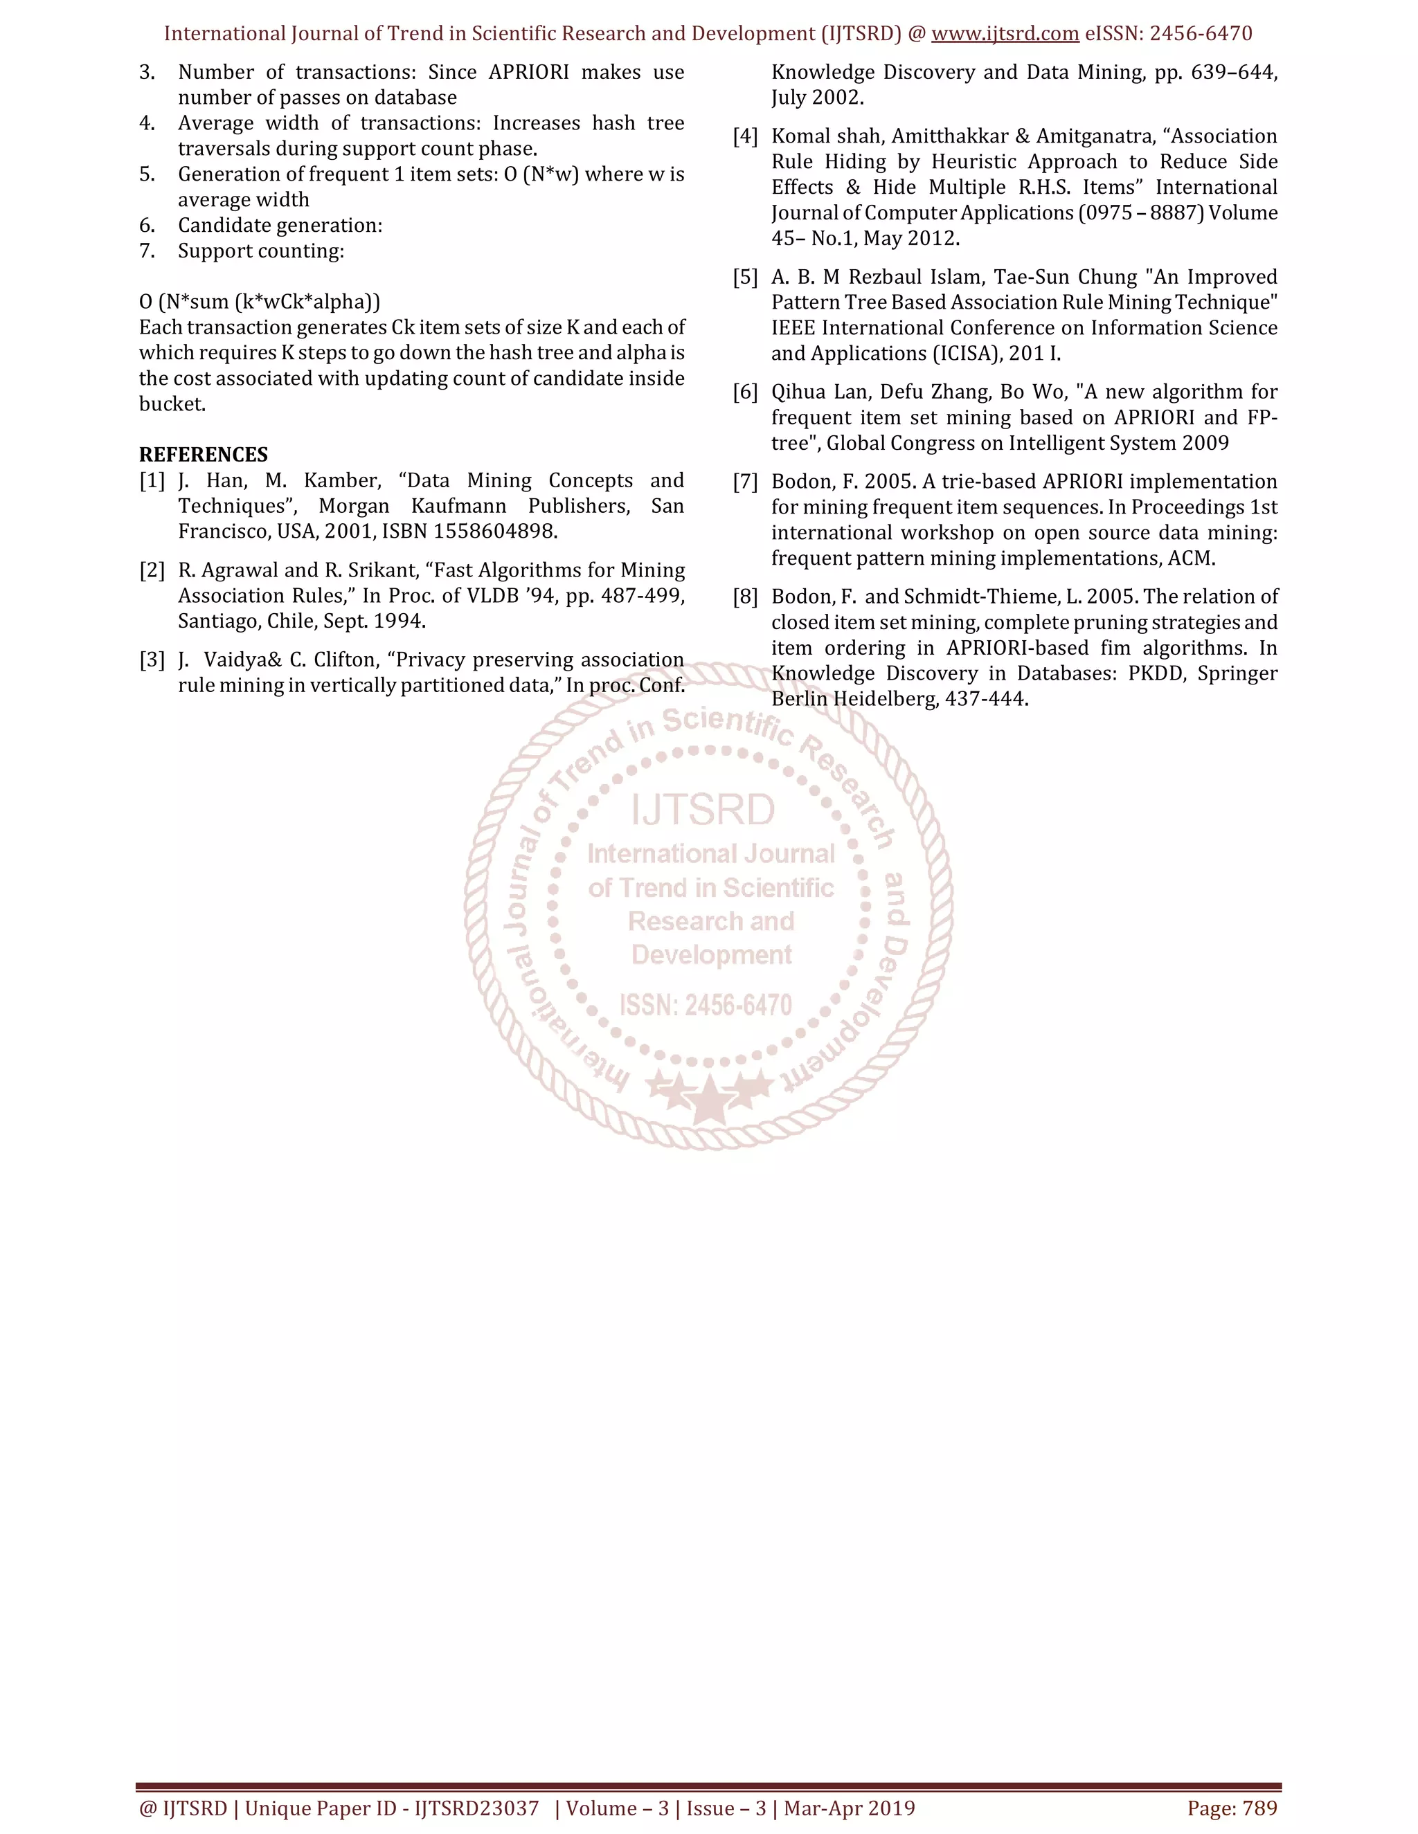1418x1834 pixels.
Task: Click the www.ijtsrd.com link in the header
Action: [x=1005, y=34]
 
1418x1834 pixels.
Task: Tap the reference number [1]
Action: [x=152, y=480]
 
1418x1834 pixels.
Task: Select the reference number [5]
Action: [x=745, y=277]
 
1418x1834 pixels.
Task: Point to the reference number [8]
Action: [x=745, y=597]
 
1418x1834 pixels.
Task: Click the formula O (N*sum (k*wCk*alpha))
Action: [x=260, y=302]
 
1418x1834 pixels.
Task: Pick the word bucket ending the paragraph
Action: [x=172, y=404]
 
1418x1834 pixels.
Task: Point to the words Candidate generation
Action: [x=280, y=225]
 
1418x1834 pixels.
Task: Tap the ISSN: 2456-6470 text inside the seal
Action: [x=706, y=1005]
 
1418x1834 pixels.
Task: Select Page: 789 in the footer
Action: [x=1232, y=1808]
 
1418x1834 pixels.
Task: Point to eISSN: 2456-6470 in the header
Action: [x=1169, y=34]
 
